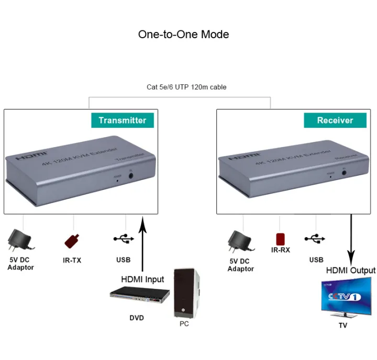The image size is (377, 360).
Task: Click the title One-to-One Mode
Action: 183,35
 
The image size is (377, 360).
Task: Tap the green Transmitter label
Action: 123,120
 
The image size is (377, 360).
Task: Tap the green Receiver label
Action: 335,120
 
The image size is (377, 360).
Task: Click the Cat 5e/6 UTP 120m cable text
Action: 186,87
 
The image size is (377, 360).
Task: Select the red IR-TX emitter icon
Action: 72,240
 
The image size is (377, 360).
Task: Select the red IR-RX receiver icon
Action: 281,239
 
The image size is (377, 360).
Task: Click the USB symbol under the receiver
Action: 316,239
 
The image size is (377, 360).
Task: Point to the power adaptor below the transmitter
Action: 20,241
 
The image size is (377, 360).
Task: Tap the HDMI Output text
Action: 350,271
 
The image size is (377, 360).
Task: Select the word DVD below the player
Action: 137,318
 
